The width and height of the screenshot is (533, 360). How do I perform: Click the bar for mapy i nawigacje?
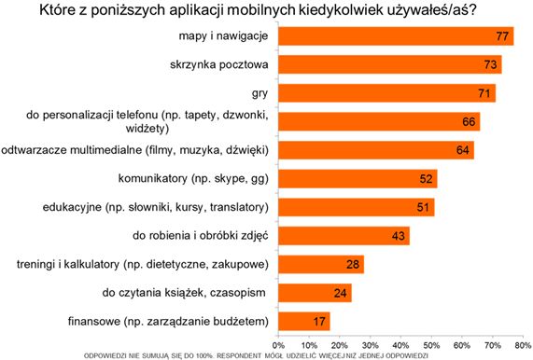tap(392, 36)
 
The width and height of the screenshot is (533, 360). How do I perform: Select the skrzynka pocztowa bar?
tap(387, 64)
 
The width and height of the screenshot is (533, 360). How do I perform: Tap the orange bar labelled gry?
tap(385, 93)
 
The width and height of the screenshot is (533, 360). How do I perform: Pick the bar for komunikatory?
tap(355, 179)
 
